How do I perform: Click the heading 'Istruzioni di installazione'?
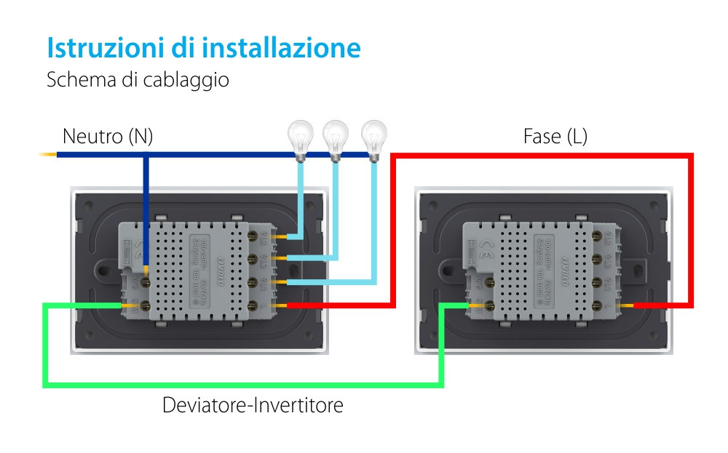[204, 48]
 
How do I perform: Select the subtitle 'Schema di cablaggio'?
[138, 79]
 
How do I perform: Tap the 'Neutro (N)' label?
[108, 136]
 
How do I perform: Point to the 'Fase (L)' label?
[555, 136]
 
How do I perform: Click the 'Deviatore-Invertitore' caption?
[253, 405]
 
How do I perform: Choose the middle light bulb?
[336, 138]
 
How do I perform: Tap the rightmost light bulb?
[374, 138]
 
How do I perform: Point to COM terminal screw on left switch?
[145, 306]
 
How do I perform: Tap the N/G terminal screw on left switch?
[145, 279]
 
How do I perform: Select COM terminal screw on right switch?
[490, 306]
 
